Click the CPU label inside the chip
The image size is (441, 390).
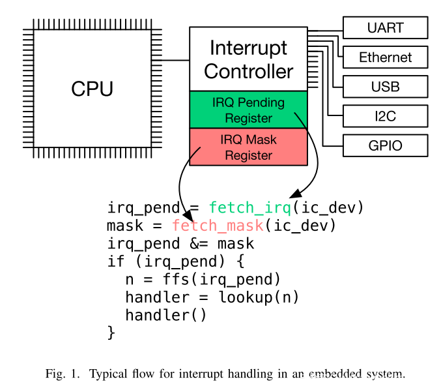[x=92, y=89]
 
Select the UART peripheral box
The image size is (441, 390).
[x=385, y=28]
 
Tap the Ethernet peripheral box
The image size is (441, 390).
[x=385, y=57]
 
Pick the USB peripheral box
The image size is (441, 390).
[x=385, y=87]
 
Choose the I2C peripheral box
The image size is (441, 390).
[x=385, y=116]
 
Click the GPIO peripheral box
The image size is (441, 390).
[x=385, y=145]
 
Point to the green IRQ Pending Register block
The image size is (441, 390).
[x=248, y=110]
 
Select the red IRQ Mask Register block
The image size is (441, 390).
[x=248, y=147]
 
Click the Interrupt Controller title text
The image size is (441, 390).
[x=248, y=59]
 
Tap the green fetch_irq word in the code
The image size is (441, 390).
[x=249, y=208]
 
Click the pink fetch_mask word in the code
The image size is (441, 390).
[x=218, y=226]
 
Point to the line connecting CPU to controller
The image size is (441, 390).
[x=171, y=61]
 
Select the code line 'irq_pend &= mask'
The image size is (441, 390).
[x=180, y=244]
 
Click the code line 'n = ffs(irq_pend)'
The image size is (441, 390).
[x=202, y=280]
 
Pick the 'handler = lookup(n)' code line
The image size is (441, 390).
[x=212, y=297]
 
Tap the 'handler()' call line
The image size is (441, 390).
[x=165, y=316]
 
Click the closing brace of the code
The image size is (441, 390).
[x=111, y=333]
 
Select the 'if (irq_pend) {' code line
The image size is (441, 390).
[x=175, y=262]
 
